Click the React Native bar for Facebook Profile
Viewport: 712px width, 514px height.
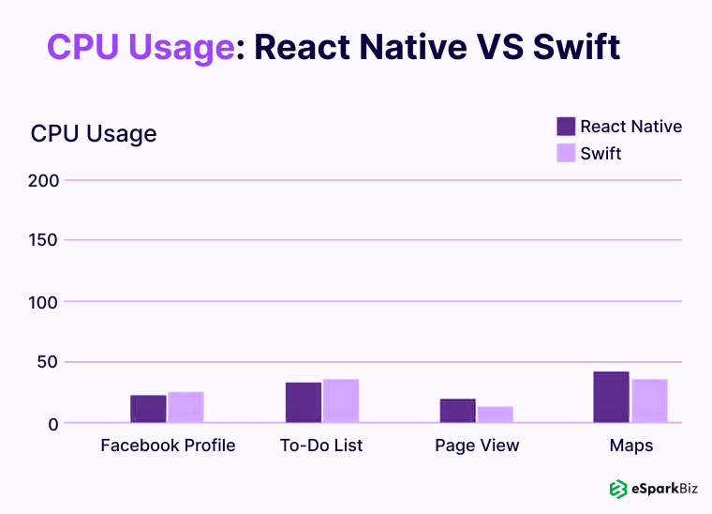(148, 409)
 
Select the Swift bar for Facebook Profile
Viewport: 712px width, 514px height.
(185, 407)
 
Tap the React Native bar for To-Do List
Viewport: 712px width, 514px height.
(304, 402)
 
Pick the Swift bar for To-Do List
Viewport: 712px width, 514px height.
(341, 401)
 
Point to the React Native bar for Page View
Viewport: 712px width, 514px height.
(458, 411)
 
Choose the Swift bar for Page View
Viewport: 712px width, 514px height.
(496, 414)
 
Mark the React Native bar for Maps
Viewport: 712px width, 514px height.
(611, 397)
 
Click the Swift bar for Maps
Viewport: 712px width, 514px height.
(649, 401)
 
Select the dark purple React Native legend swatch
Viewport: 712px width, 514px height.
(566, 127)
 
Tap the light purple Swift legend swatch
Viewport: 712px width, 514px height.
(566, 153)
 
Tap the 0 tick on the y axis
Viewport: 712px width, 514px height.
(53, 424)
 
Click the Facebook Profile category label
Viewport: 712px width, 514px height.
(168, 446)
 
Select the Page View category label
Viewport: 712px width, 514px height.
(477, 446)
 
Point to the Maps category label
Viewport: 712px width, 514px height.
(630, 446)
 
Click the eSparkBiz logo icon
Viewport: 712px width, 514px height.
(617, 489)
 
